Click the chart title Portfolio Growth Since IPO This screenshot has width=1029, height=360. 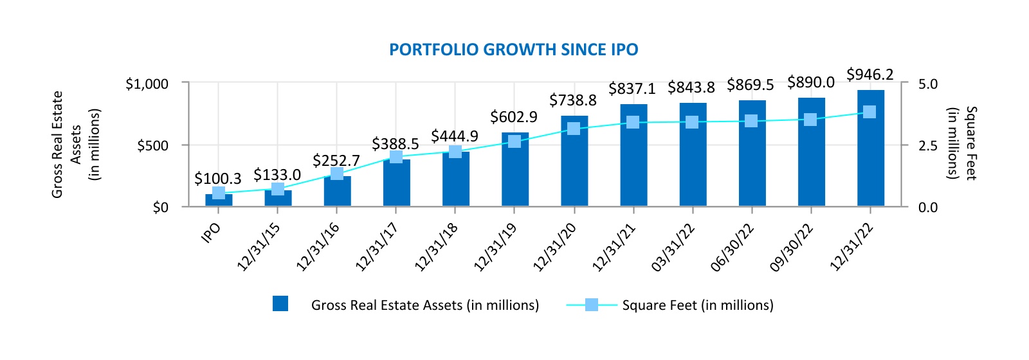point(514,50)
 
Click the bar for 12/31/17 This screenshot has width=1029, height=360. point(396,183)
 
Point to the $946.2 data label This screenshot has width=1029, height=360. point(870,75)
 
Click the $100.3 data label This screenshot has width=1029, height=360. point(217,179)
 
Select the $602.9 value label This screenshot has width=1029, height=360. point(513,117)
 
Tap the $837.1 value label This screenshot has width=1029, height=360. point(632,88)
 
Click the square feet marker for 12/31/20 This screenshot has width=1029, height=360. point(574,129)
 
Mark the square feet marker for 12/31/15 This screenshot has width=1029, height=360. point(278,189)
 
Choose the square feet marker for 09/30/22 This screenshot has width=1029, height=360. point(810,120)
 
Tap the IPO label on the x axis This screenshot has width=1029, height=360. point(212,232)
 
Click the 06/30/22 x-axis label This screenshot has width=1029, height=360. point(733,248)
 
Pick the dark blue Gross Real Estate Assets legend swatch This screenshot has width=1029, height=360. point(280,304)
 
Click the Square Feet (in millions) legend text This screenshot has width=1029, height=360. point(698,305)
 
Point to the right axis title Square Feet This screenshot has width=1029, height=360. point(970,143)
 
